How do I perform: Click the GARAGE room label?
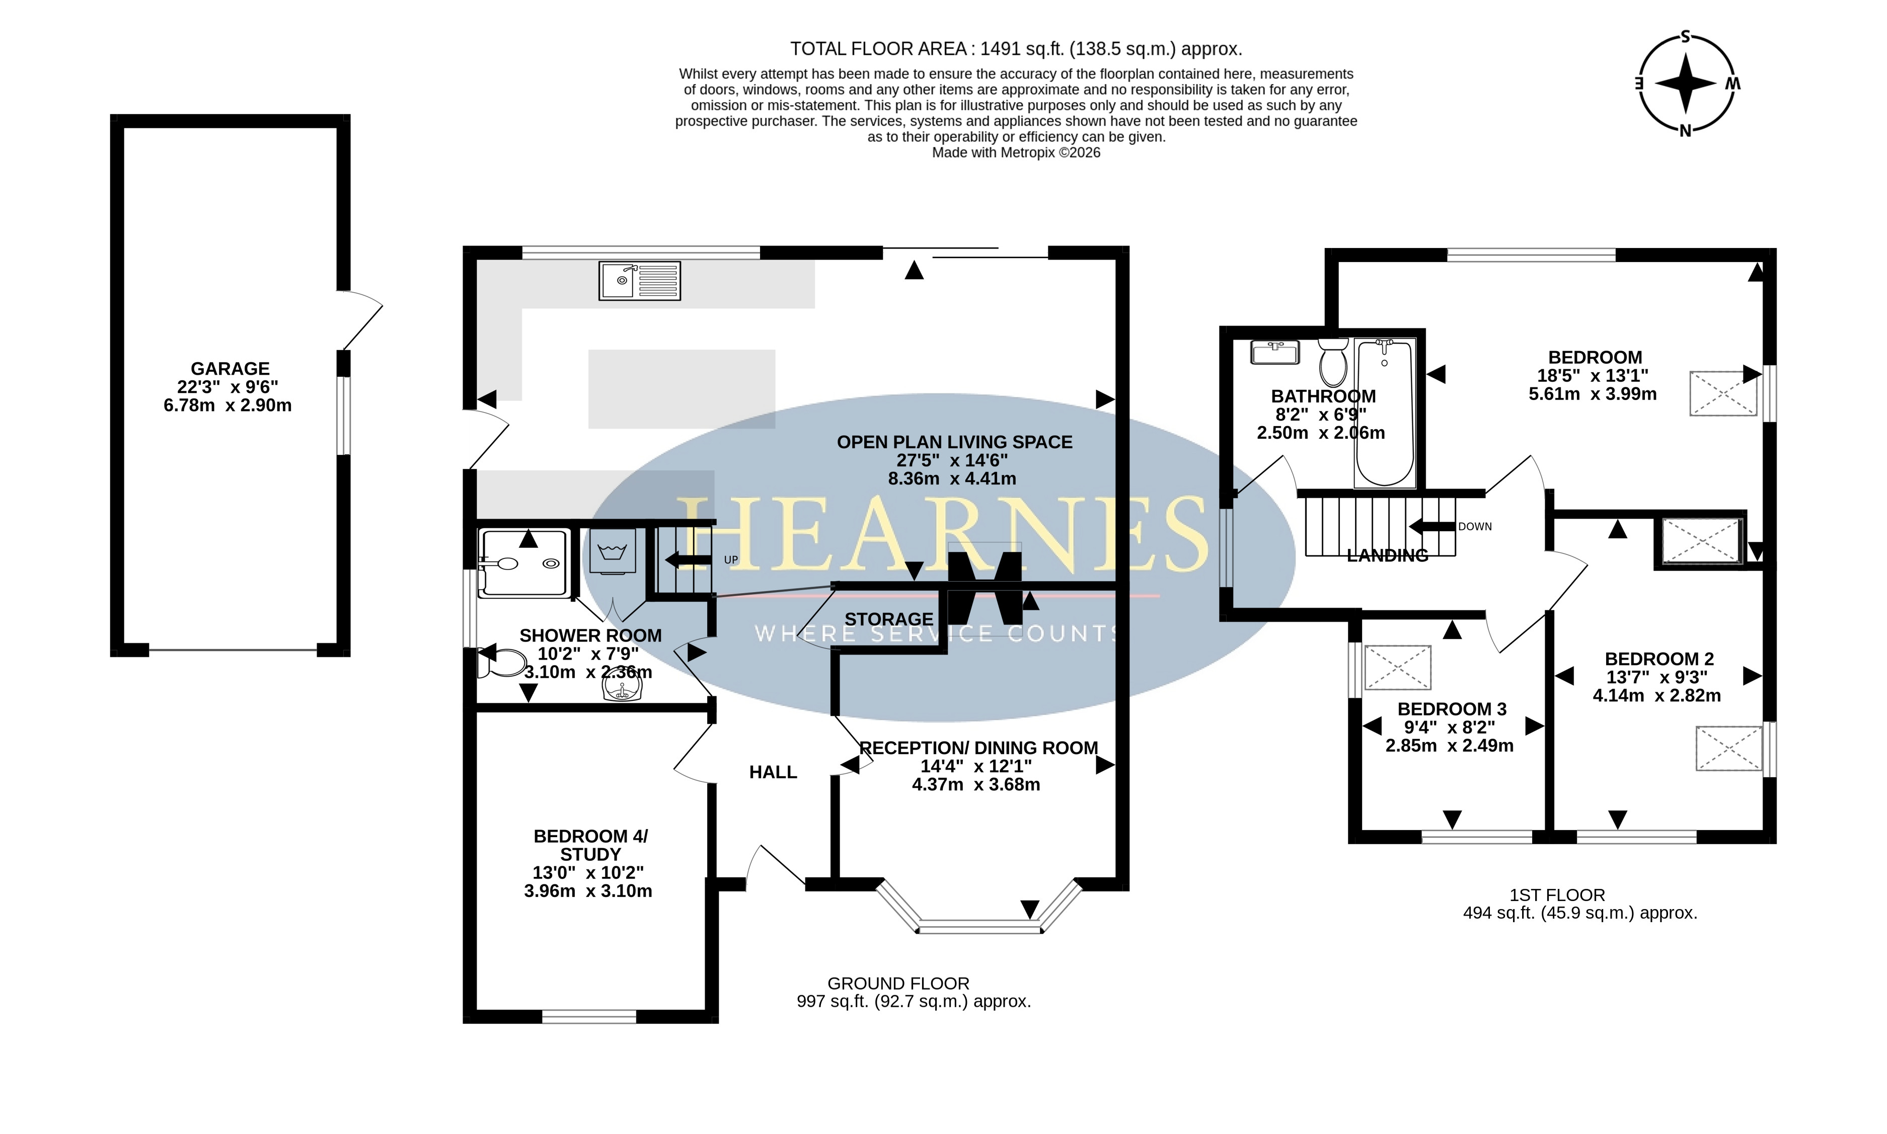pyautogui.click(x=230, y=368)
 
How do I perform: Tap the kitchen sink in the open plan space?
pyautogui.click(x=640, y=280)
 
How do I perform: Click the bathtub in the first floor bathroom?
pyautogui.click(x=1384, y=414)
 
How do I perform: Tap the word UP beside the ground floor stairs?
pyautogui.click(x=731, y=560)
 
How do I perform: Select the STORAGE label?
pyautogui.click(x=889, y=619)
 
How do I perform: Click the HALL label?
pyautogui.click(x=773, y=773)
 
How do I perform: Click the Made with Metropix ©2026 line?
pyautogui.click(x=1016, y=153)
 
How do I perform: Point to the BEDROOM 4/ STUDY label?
pyautogui.click(x=590, y=845)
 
